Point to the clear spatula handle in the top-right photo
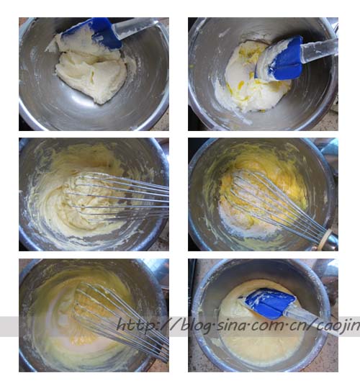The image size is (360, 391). [x=320, y=52]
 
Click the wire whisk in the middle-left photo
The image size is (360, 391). [x=117, y=197]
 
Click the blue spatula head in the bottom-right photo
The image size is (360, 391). [x=268, y=303]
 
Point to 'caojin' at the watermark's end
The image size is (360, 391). [x=338, y=326]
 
